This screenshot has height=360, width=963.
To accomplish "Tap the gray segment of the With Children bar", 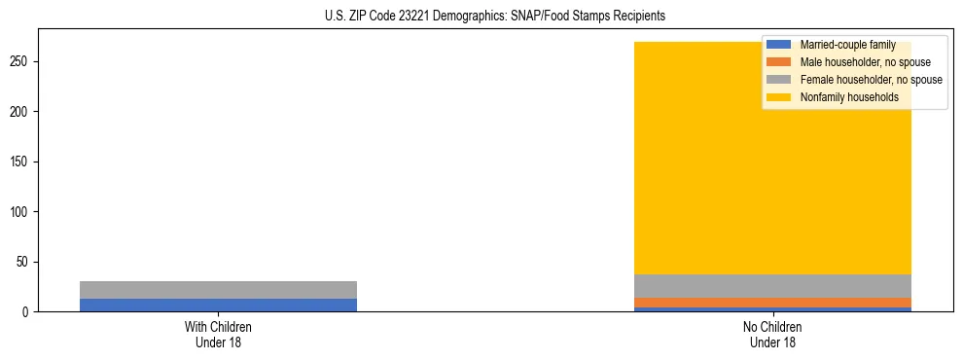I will click(218, 290).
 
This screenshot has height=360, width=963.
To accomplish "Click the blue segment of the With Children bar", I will click(218, 305).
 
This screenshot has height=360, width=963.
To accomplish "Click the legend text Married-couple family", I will click(847, 45).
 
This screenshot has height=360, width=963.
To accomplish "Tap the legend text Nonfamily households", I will click(849, 97).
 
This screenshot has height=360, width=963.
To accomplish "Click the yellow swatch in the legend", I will click(779, 97).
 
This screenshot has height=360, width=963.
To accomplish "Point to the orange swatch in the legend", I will click(779, 62).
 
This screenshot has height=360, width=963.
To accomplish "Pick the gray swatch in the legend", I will click(779, 80).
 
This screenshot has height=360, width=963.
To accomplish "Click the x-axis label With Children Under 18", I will click(218, 334).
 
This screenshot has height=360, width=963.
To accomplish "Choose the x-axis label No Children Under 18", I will click(773, 334).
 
